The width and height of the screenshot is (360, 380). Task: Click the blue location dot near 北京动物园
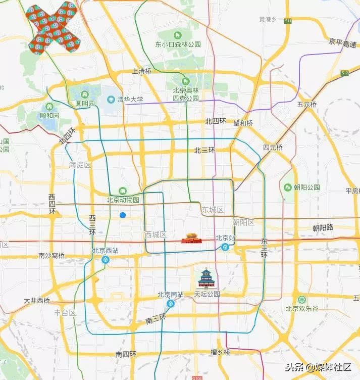[x=122, y=215]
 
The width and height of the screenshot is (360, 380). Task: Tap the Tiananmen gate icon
[x=191, y=238]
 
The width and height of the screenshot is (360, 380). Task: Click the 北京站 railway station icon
[x=224, y=247]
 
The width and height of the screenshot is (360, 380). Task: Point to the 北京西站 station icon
[x=106, y=260]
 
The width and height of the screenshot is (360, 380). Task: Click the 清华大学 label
[x=130, y=100]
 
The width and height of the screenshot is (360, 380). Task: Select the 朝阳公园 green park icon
[x=288, y=187]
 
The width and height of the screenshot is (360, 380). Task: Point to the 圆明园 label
[x=85, y=103]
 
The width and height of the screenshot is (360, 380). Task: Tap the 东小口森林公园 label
[x=178, y=44]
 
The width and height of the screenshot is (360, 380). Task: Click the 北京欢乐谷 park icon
[x=301, y=300]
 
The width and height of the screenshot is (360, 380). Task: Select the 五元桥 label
[x=306, y=105]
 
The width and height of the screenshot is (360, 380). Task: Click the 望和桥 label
[x=243, y=123]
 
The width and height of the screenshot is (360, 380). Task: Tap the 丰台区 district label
[x=65, y=313]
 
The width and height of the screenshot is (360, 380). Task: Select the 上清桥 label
[x=141, y=71]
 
